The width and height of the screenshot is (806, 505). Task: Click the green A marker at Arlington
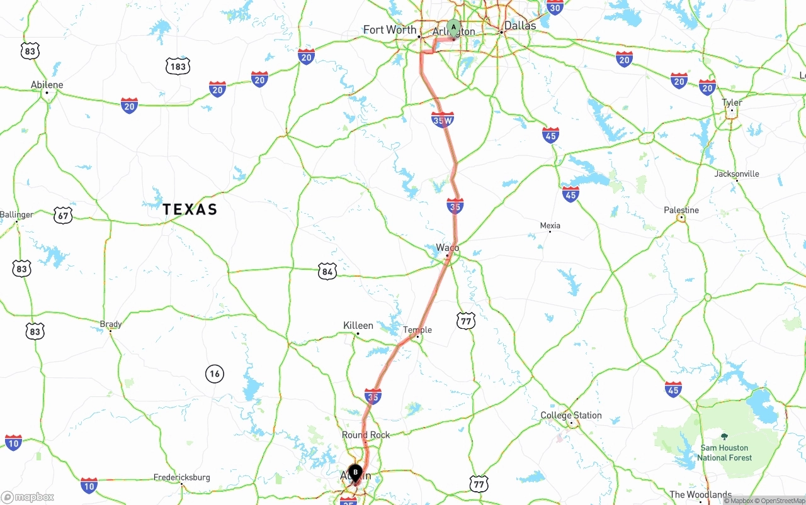coord(453,28)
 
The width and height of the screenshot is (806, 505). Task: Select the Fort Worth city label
coord(389,30)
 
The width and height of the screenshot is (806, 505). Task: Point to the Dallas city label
coord(520,26)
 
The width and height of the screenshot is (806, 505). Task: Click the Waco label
coord(447,248)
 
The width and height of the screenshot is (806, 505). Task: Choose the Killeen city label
coord(358,325)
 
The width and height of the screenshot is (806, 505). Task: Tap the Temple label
coord(417,330)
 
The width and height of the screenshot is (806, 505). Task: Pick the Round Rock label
coord(366,435)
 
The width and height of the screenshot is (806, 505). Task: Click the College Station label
coord(571,415)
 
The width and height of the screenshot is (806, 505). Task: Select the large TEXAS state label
coord(190,209)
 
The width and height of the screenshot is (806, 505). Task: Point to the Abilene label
coord(47,85)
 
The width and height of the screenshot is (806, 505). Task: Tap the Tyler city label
coord(732,103)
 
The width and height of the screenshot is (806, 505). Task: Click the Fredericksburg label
coord(182,477)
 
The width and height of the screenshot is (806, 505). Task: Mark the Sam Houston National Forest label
coord(724,453)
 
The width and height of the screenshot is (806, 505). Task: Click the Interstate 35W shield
coord(443,119)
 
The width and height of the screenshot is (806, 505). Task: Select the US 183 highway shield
coord(178,66)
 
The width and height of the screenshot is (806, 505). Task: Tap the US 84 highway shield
coord(327,272)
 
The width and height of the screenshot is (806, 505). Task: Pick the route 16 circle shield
coord(215,374)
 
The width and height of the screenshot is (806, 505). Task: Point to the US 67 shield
coord(62,215)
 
